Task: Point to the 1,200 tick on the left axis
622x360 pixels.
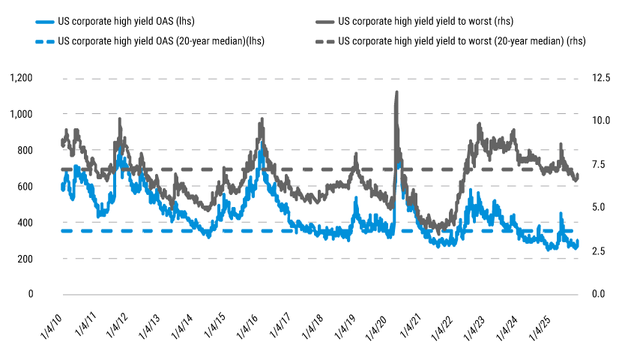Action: coord(22,78)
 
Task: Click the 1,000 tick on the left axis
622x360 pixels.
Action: coord(22,114)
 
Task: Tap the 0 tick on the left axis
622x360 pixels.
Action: coord(31,295)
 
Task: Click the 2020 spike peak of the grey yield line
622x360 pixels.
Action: coord(396,92)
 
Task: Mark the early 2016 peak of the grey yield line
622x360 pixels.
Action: coord(261,119)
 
